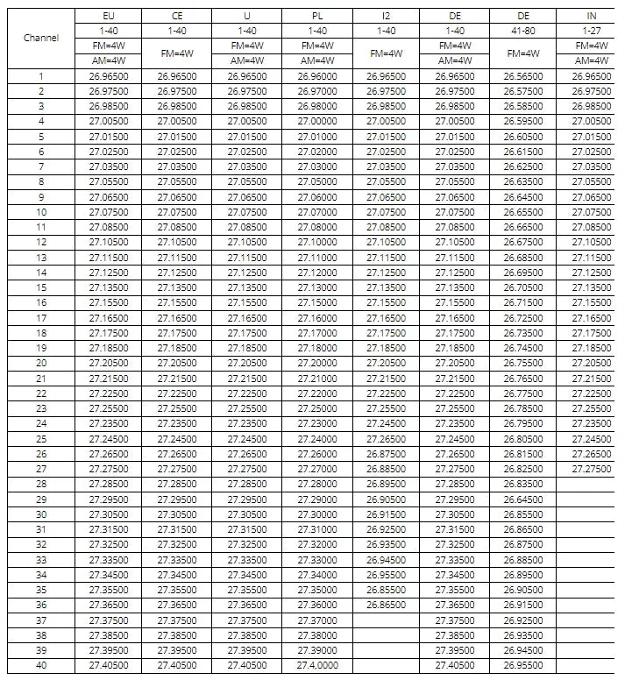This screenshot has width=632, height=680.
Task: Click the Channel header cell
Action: point(40,39)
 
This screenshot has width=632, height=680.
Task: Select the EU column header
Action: point(110,16)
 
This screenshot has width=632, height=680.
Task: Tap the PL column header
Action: point(317,16)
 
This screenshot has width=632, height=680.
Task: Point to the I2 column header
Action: point(386,16)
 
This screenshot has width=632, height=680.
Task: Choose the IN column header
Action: point(592,16)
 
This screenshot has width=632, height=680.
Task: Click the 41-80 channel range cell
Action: point(522,31)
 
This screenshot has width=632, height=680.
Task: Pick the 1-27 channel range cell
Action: point(592,31)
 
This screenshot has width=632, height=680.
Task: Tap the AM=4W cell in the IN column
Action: point(592,60)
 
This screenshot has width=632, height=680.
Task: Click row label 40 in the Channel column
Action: point(40,665)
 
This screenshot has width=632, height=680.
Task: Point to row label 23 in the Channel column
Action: point(40,408)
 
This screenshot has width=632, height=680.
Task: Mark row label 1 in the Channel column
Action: point(40,76)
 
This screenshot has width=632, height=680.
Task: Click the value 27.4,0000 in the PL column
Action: point(317,665)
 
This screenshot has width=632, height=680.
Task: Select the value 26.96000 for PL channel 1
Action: point(317,76)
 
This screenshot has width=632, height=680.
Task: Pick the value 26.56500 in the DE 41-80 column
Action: point(522,76)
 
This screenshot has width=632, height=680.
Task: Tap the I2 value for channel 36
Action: point(386,605)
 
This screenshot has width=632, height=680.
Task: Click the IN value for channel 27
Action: point(592,469)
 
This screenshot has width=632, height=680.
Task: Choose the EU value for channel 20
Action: point(110,363)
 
